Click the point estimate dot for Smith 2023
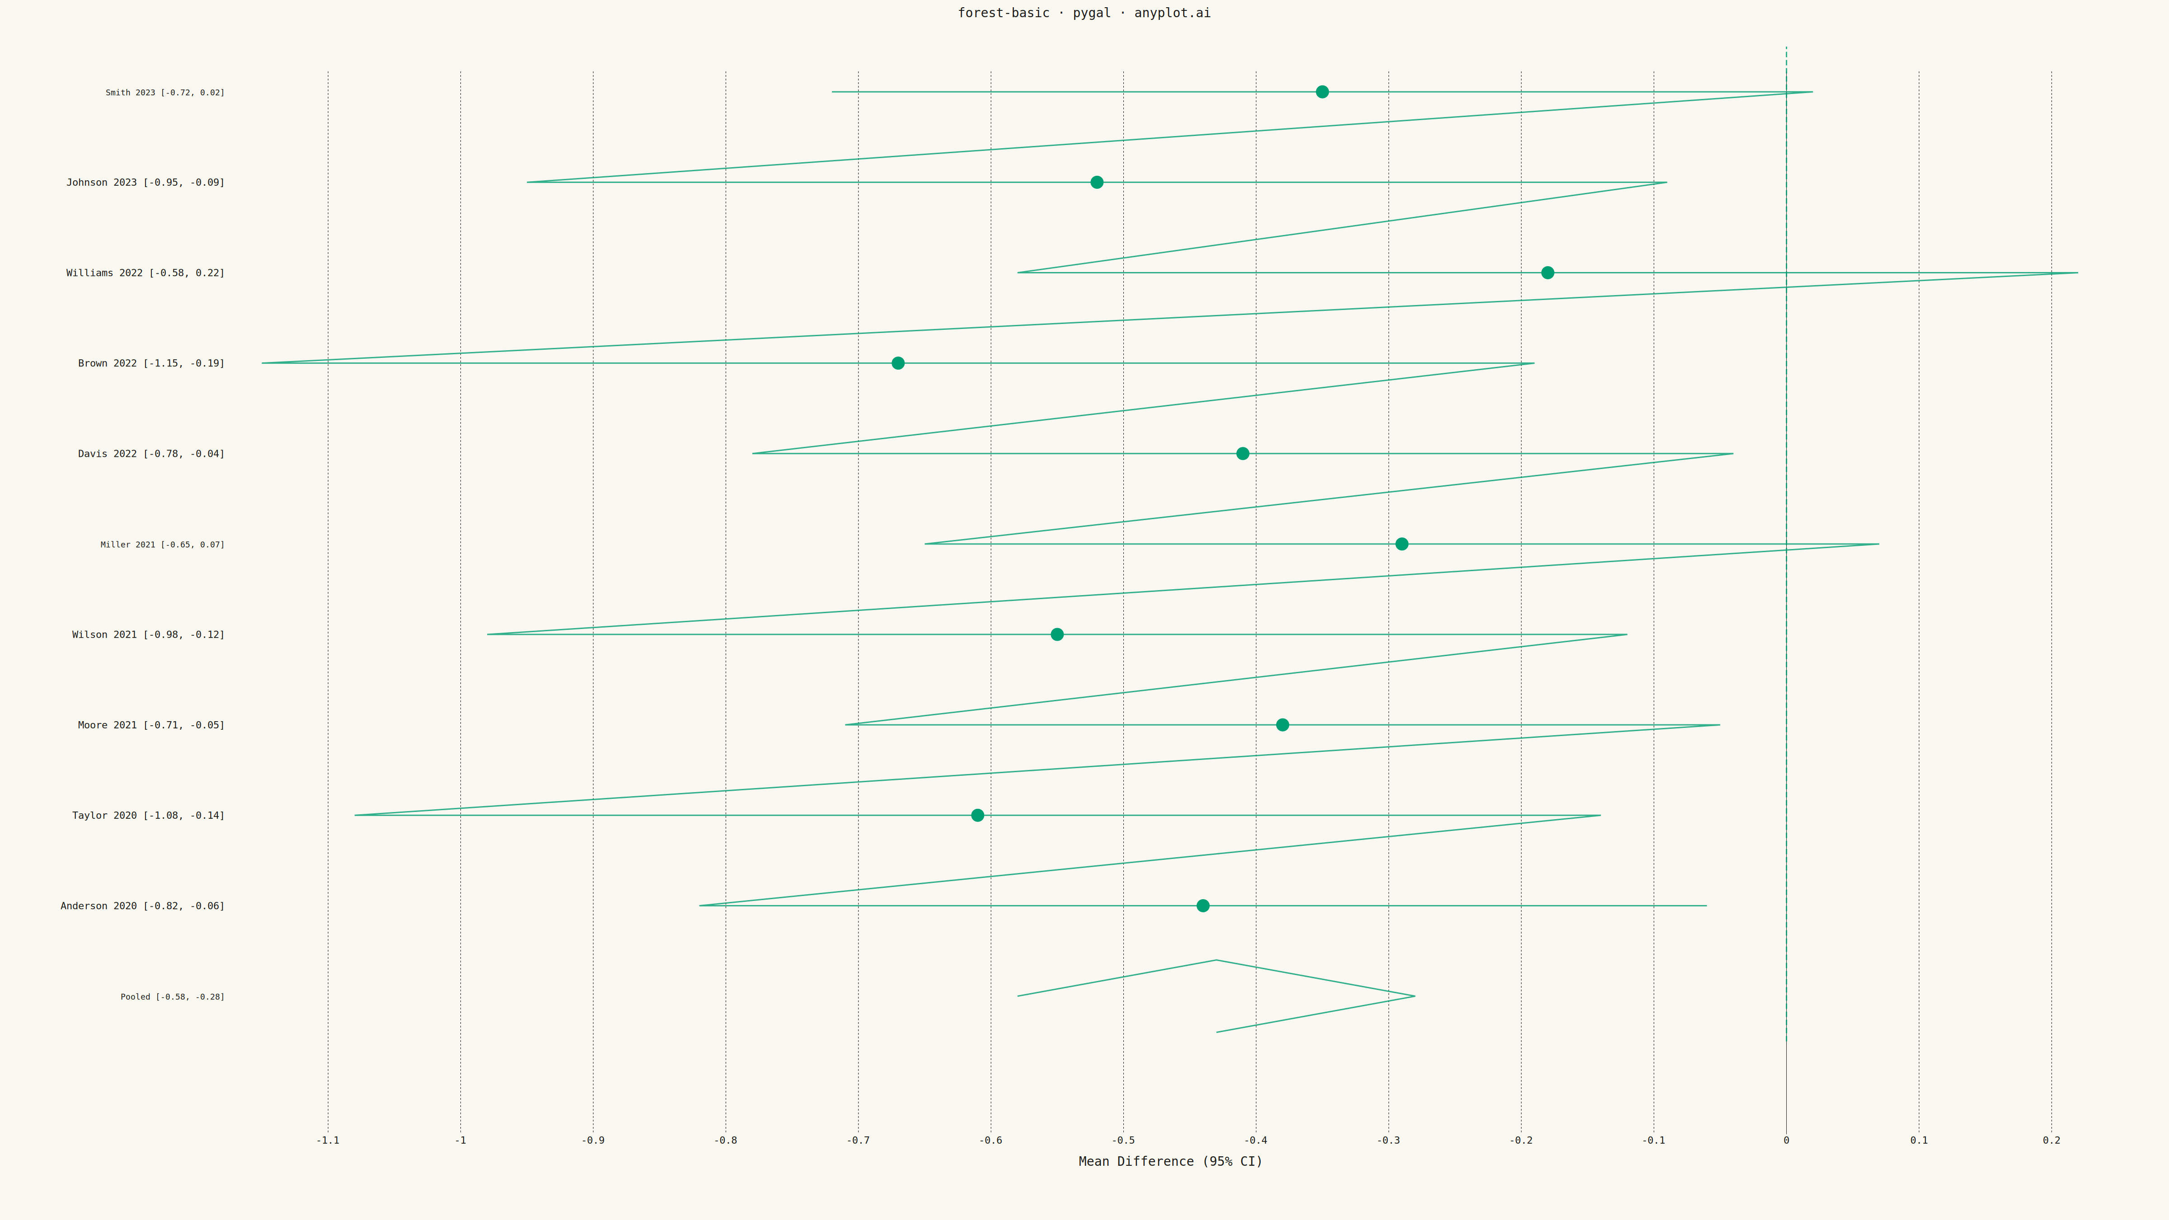tap(1322, 92)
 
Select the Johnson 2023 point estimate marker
tap(1096, 182)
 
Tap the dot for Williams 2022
tap(1548, 273)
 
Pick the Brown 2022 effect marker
tap(897, 363)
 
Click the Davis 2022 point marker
tap(1243, 454)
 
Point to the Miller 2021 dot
tap(1402, 544)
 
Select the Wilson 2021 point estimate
tap(1057, 634)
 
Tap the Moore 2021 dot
tap(1282, 725)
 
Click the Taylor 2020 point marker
tap(977, 815)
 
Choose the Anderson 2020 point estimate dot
tap(1203, 906)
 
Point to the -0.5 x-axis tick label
tap(1123, 1141)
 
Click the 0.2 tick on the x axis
tap(2051, 1141)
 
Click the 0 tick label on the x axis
tap(1786, 1141)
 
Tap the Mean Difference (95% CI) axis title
tap(1170, 1162)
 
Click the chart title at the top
tap(1084, 13)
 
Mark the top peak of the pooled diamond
tap(1216, 960)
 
